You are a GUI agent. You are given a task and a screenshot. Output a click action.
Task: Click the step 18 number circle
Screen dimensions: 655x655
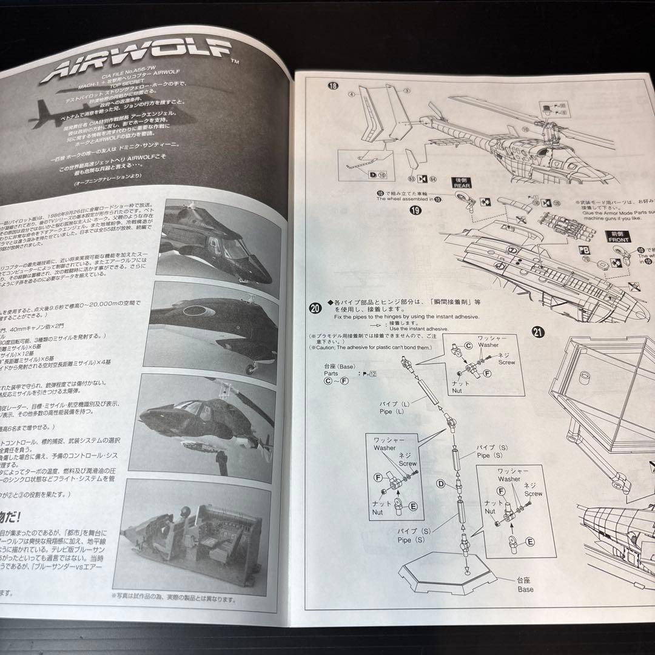(x=332, y=87)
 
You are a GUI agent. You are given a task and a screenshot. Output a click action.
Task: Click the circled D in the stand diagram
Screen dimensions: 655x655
(x=442, y=483)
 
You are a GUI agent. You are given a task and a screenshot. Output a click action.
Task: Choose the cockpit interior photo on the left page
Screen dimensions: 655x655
(x=193, y=536)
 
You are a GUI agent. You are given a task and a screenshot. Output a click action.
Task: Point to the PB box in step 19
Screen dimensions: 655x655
(x=583, y=249)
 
